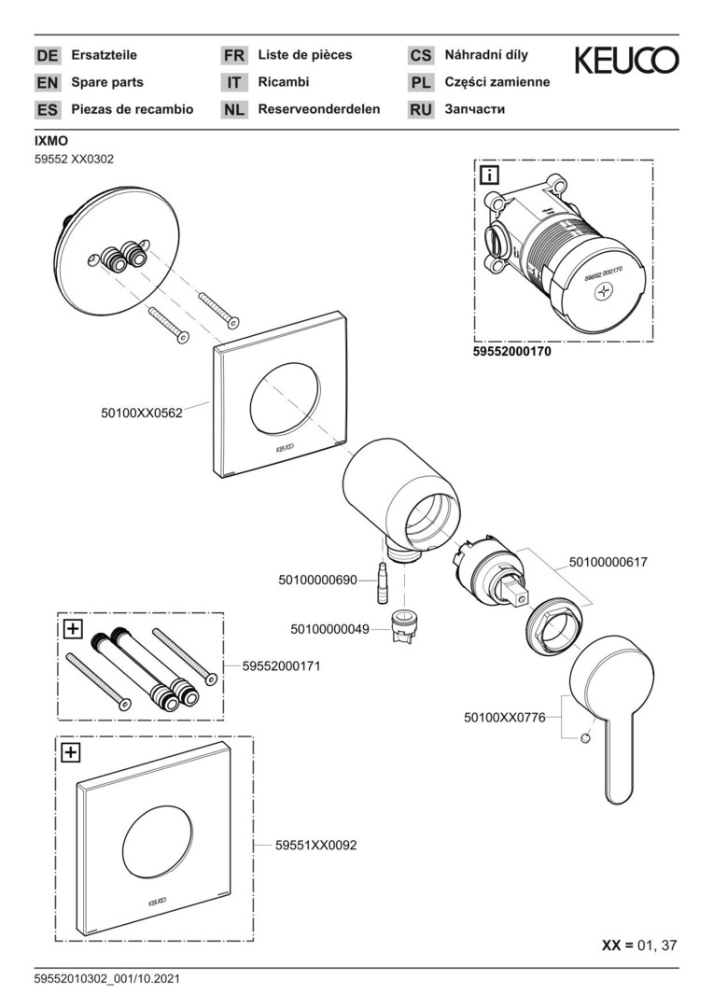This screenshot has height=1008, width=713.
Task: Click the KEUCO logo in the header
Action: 626,61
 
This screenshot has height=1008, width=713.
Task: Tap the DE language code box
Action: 47,56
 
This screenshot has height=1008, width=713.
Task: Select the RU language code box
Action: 421,110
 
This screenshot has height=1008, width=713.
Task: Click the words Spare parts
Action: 107,82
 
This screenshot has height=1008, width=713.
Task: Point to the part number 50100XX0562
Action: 141,411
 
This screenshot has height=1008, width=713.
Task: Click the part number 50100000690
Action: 317,581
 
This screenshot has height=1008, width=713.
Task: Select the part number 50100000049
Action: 330,629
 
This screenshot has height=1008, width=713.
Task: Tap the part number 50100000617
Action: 608,562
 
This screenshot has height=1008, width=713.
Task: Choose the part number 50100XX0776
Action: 504,718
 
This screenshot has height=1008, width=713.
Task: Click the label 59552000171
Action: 281,666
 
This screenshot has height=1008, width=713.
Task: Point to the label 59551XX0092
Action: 315,846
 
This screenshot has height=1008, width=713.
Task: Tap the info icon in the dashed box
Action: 489,174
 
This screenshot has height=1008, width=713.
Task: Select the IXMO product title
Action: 51,142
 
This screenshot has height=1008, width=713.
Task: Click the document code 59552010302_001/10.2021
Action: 106,979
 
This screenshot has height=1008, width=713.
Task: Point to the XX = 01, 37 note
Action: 639,945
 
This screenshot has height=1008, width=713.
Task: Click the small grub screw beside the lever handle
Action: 584,740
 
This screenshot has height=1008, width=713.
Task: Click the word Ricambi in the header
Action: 283,82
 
